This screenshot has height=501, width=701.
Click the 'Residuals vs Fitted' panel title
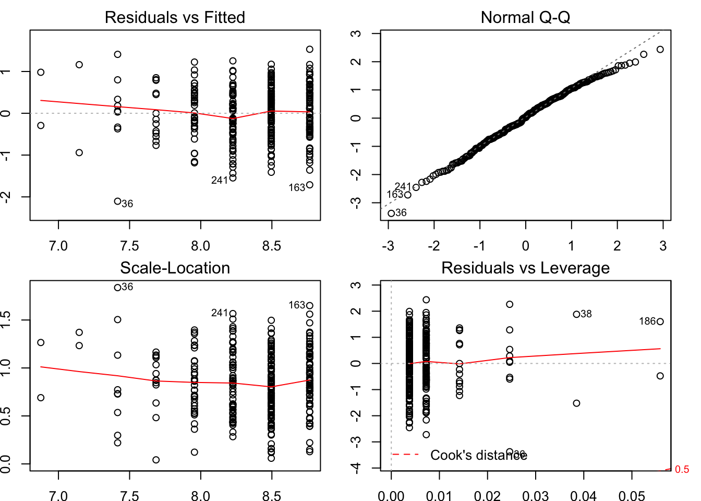[x=175, y=17]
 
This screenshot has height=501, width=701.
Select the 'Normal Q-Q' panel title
[x=525, y=17]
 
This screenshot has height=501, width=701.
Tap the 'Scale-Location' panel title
[x=175, y=268]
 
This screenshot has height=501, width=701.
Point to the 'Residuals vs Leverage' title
[x=525, y=268]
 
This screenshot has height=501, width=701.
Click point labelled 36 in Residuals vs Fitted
[x=118, y=201]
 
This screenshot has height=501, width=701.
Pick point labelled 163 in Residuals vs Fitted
[x=310, y=185]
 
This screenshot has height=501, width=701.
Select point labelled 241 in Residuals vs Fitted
[x=233, y=178]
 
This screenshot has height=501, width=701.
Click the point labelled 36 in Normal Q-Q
[x=391, y=213]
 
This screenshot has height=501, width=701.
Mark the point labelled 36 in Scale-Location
[x=118, y=288]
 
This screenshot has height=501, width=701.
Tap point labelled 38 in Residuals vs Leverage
[x=576, y=314]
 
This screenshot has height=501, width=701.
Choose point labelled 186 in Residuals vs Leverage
[x=660, y=321]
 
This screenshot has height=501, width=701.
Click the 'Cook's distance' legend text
[x=478, y=455]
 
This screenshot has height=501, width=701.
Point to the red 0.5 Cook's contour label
[x=682, y=470]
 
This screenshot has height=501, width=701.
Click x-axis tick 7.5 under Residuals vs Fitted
[x=129, y=246]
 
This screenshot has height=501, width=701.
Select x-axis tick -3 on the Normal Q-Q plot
[x=388, y=246]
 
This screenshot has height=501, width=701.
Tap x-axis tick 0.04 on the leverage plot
[x=584, y=495]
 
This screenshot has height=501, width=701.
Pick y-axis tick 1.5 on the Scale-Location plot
[x=6, y=320]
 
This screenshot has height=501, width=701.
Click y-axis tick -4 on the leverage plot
[x=356, y=468]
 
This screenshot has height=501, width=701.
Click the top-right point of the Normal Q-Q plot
[x=660, y=50]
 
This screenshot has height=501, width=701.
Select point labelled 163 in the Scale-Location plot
[x=310, y=306]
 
